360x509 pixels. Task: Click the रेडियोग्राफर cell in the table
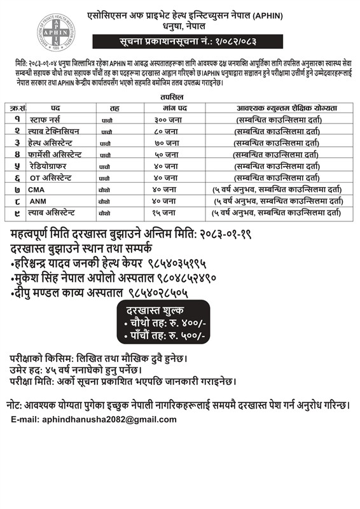pos(53,166)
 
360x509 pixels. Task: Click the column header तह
pos(114,108)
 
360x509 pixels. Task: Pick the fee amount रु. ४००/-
pos(188,323)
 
